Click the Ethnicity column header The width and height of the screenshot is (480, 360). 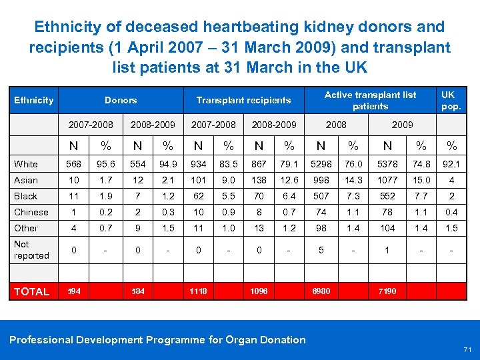pyautogui.click(x=34, y=100)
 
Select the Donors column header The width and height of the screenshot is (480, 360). pyautogui.click(x=121, y=100)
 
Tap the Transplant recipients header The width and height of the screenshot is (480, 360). pyautogui.click(x=243, y=100)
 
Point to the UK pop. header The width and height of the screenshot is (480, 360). pyautogui.click(x=451, y=100)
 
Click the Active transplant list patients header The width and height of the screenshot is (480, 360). pyautogui.click(x=370, y=100)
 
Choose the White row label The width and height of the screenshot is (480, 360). pyautogui.click(x=26, y=164)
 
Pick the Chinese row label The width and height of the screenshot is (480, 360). pyautogui.click(x=31, y=212)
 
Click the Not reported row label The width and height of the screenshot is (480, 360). pyautogui.click(x=31, y=249)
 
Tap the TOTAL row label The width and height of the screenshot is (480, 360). pyautogui.click(x=32, y=291)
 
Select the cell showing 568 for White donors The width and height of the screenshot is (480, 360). pyautogui.click(x=75, y=164)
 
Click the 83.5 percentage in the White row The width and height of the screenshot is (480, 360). pyautogui.click(x=229, y=164)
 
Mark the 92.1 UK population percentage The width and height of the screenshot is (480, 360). pyautogui.click(x=451, y=164)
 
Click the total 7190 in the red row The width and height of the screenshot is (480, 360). pyautogui.click(x=387, y=291)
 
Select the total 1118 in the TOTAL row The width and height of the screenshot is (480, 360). pyautogui.click(x=198, y=291)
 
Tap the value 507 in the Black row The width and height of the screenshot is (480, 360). pyautogui.click(x=321, y=196)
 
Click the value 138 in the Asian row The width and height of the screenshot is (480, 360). pyautogui.click(x=259, y=180)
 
